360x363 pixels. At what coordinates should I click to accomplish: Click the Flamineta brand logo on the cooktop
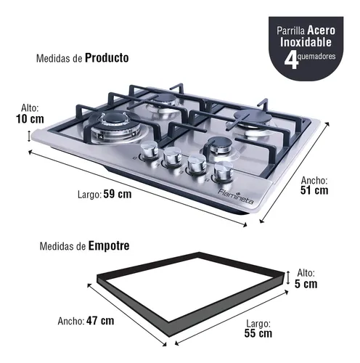[x=236, y=196]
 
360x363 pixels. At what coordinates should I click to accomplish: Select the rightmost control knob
[x=224, y=172]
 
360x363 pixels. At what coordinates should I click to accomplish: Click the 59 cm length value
[x=118, y=194]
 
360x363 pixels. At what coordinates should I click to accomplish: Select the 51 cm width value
[x=314, y=190]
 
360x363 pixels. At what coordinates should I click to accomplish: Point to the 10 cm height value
[x=30, y=119]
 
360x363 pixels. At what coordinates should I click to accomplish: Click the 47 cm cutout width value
[x=100, y=321]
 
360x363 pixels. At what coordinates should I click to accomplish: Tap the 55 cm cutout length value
[x=258, y=333]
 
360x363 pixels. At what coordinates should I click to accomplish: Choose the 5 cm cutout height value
[x=306, y=284]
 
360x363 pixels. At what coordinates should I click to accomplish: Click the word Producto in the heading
[x=107, y=58]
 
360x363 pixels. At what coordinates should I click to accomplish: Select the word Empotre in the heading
[x=109, y=246]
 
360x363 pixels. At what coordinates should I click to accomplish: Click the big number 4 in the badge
[x=290, y=61]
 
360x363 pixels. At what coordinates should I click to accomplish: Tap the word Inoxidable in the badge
[x=306, y=42]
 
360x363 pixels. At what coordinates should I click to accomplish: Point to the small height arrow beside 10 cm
[x=29, y=136]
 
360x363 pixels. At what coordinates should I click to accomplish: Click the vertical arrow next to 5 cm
[x=288, y=278]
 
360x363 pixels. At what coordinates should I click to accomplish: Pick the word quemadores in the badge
[x=316, y=57]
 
